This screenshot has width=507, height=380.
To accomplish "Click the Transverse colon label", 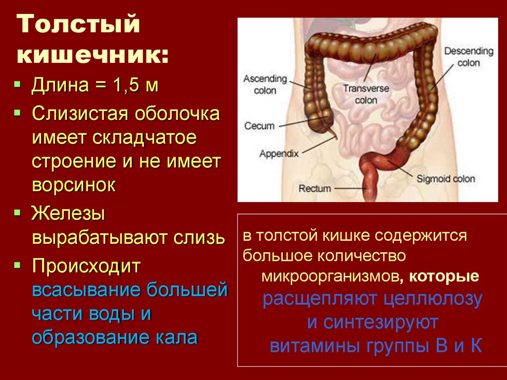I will point(366,94).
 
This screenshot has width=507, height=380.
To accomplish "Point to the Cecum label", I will point(259,126).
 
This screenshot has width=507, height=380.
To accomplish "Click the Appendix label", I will point(279,154).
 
